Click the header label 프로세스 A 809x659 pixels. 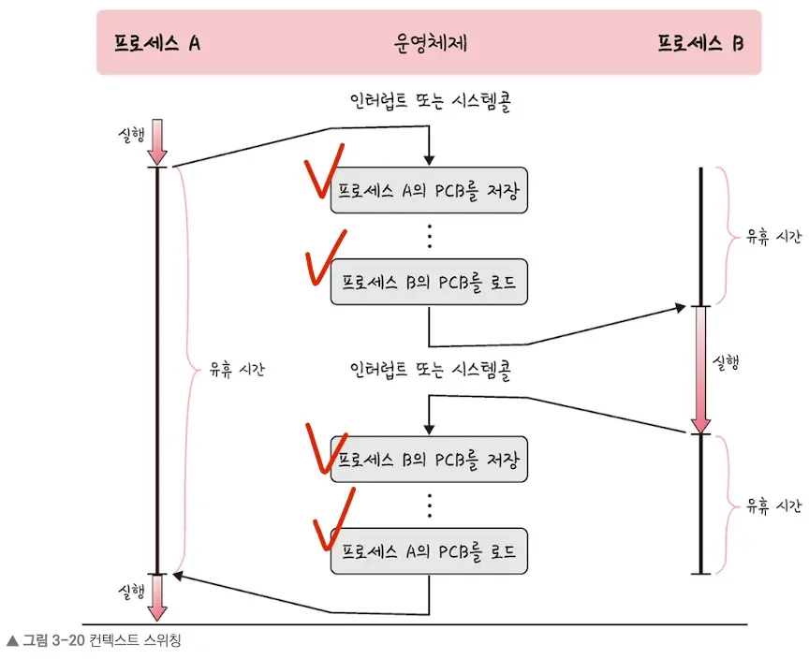(157, 43)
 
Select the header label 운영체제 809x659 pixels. (431, 43)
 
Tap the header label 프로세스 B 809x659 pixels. (699, 43)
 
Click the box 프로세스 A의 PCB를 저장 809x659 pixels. (429, 193)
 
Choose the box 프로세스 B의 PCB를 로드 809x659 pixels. (429, 282)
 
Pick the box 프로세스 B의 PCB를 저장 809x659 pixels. (429, 460)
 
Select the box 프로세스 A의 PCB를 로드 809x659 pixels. (429, 550)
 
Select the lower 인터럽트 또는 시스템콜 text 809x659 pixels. (431, 370)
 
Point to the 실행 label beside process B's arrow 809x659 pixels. (727, 363)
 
